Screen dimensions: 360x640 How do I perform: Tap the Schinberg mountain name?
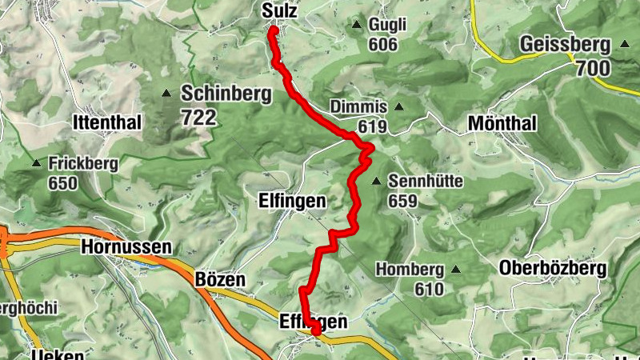click(227, 94)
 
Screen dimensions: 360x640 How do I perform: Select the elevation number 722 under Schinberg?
click(198, 118)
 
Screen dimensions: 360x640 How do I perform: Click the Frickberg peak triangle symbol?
click(36, 163)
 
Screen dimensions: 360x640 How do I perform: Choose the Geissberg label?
click(565, 44)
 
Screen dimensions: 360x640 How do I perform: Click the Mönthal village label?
click(502, 124)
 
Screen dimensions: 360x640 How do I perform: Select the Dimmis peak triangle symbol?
click(398, 106)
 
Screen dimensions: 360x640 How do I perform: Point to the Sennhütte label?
click(426, 181)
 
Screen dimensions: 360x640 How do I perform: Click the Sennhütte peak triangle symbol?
click(376, 180)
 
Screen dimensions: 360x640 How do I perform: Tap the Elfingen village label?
click(291, 201)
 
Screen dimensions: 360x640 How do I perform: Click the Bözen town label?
click(219, 280)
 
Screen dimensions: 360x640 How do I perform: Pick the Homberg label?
click(410, 268)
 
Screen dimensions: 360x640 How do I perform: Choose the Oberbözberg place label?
click(552, 268)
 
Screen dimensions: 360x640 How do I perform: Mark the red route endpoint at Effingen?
click(315, 329)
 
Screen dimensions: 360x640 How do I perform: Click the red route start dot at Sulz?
click(273, 30)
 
